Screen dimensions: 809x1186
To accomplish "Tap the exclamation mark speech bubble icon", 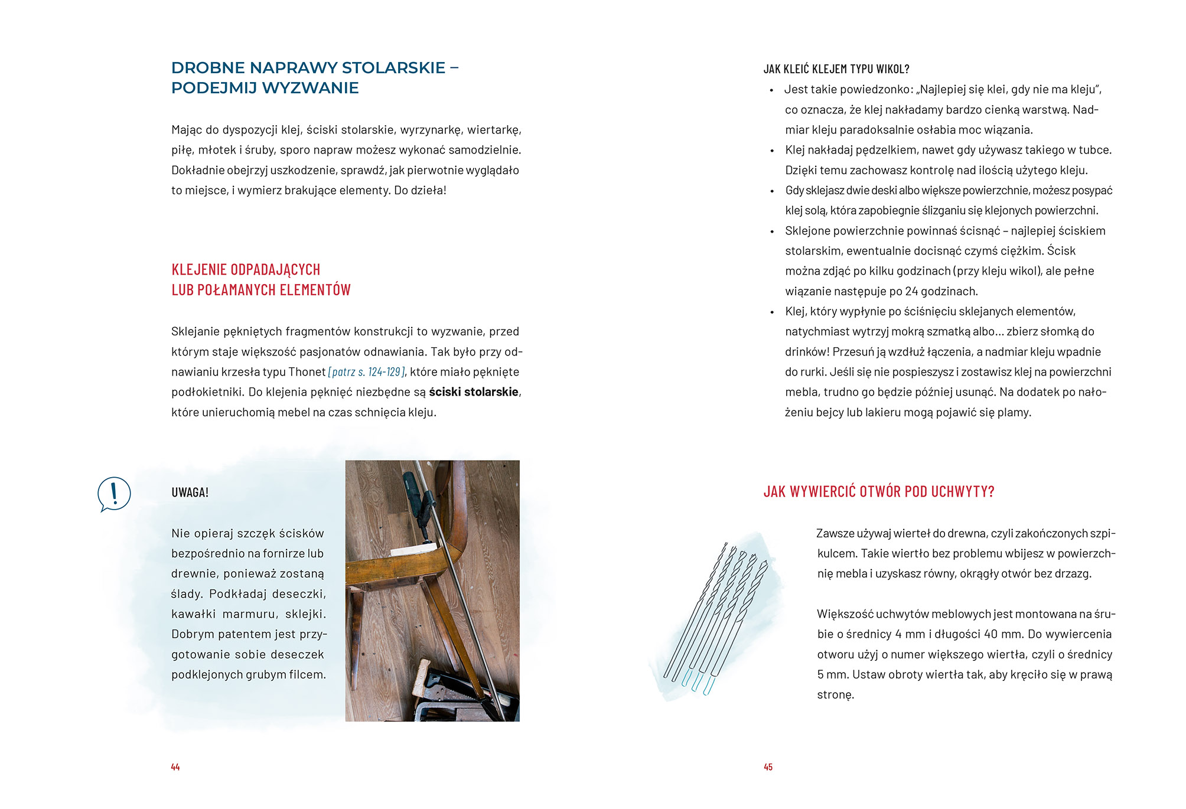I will click(114, 494).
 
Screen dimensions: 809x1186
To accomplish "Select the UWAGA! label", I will click(190, 492).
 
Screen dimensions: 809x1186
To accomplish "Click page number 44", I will click(175, 767).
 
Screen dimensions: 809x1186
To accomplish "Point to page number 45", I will click(768, 767).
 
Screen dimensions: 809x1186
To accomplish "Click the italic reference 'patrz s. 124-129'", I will click(367, 372).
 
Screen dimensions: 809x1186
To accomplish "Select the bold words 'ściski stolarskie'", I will click(474, 392).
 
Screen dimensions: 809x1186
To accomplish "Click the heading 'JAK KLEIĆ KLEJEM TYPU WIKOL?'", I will click(836, 69).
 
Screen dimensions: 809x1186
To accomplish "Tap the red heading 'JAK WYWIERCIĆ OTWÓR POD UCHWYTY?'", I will click(878, 492).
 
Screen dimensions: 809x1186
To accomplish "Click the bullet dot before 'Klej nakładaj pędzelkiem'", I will click(772, 151).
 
